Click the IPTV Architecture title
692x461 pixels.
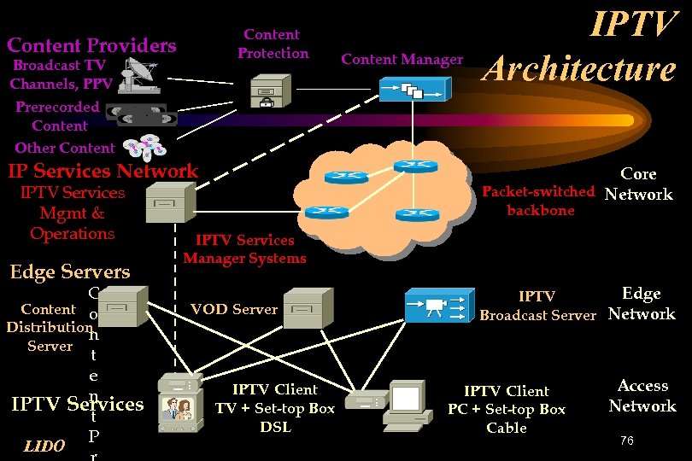(x=579, y=47)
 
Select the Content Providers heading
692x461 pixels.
(x=91, y=45)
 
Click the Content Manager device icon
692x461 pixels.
(x=413, y=85)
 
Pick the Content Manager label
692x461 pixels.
(x=402, y=59)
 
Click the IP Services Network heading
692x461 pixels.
(x=103, y=171)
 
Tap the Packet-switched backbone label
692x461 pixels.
(x=538, y=201)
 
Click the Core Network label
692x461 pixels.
(x=638, y=184)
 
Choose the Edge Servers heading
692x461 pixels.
(x=69, y=272)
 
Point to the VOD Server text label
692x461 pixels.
(x=233, y=309)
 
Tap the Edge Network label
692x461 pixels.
(x=642, y=303)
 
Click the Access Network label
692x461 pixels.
(x=642, y=395)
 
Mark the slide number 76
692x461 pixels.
(x=626, y=441)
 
